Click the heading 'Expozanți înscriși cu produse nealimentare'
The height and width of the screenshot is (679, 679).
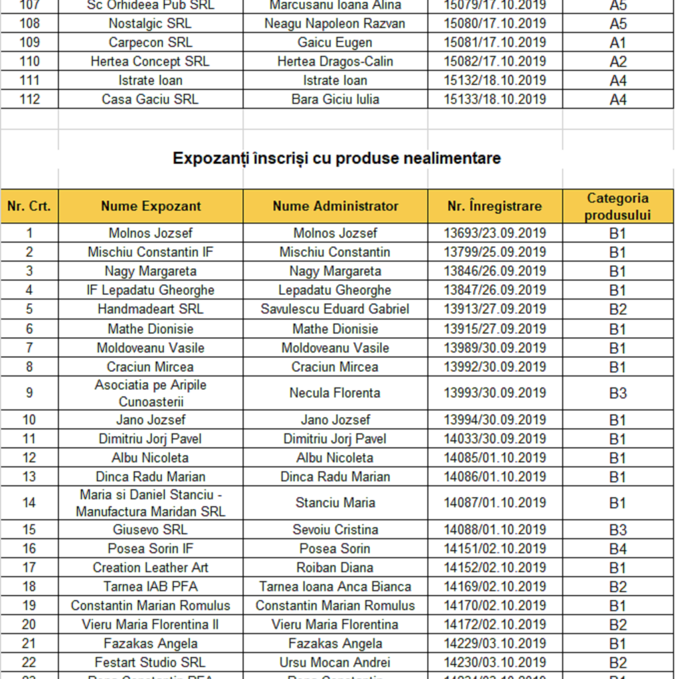tap(336, 158)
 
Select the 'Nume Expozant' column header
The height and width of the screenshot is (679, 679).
tap(151, 206)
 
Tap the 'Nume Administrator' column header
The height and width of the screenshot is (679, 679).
tap(336, 206)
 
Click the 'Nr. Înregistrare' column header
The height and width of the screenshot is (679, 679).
tap(495, 206)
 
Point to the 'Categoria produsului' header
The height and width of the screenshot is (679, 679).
tap(617, 206)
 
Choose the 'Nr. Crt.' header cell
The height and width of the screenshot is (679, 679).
tap(29, 206)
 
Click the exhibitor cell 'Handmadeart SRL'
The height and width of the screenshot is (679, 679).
tap(151, 309)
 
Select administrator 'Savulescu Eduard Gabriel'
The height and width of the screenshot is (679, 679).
tap(335, 309)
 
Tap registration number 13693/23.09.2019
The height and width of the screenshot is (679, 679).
tap(495, 233)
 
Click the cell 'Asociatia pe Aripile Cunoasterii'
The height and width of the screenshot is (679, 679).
tap(151, 393)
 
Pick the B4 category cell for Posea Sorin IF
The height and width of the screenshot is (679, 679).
tap(617, 549)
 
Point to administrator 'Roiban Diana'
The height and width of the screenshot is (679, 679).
tap(335, 568)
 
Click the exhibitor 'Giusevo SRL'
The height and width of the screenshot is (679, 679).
tap(151, 530)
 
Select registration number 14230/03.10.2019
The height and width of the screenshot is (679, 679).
tap(495, 662)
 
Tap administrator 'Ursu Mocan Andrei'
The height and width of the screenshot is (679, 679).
tap(335, 662)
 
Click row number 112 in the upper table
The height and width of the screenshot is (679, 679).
tap(30, 99)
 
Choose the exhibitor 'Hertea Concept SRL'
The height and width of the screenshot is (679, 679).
tap(151, 62)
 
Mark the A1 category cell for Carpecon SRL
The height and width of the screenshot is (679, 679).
tap(617, 43)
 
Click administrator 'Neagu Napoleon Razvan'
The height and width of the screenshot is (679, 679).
tap(335, 24)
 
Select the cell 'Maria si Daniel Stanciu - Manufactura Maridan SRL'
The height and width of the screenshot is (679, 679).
tap(151, 503)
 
